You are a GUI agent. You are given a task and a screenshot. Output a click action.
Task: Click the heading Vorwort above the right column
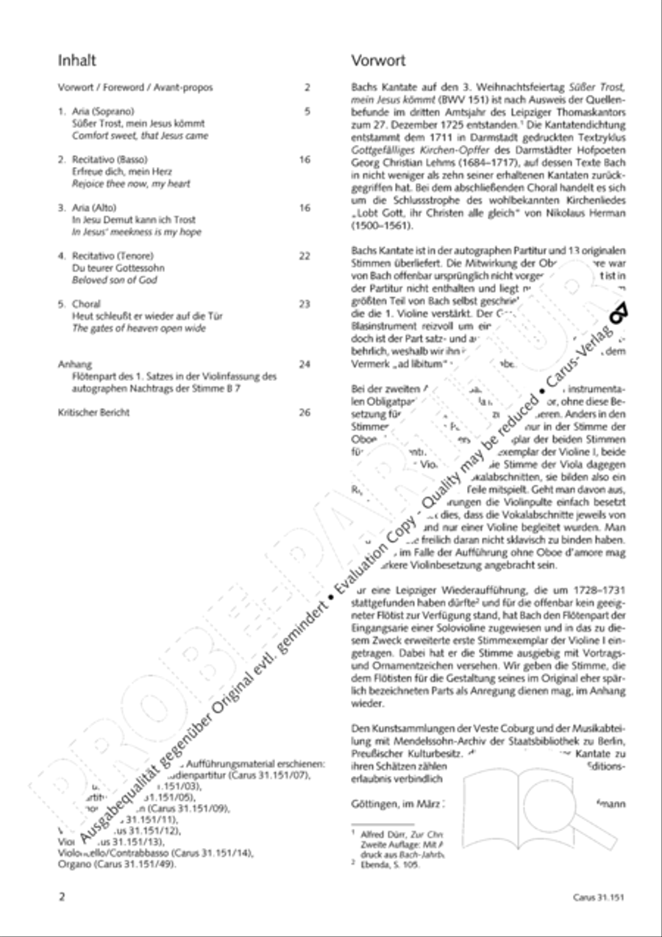click(x=378, y=60)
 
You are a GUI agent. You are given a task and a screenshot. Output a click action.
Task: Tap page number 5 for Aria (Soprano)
click(x=307, y=112)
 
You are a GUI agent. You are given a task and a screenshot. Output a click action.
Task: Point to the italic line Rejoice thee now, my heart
click(x=124, y=184)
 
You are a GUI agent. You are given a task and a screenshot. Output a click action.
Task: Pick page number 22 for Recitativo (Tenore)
click(x=305, y=256)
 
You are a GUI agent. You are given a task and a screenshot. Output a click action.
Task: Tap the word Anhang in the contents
click(x=74, y=364)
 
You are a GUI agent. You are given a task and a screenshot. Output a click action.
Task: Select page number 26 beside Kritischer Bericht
click(x=305, y=413)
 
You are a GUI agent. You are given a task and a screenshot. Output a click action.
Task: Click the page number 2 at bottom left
click(x=62, y=897)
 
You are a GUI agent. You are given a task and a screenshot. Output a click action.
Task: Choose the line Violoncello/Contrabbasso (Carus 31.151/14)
click(x=155, y=853)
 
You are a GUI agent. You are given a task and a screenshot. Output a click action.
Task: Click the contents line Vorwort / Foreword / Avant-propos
click(x=135, y=88)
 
